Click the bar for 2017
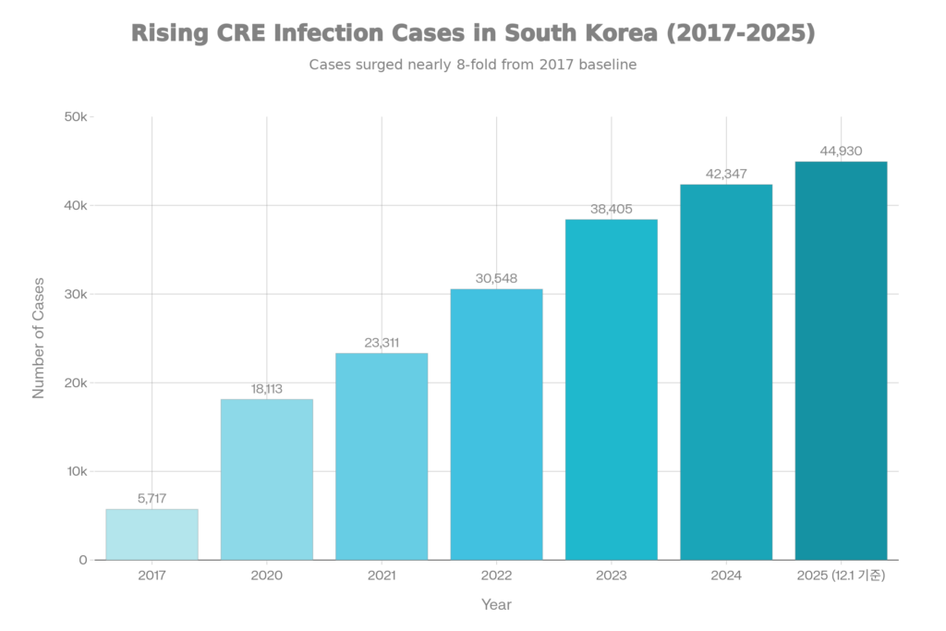coord(152,534)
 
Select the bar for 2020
coord(266,479)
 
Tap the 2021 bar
coord(382,455)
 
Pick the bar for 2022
coord(496,424)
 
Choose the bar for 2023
coord(612,389)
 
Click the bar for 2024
coord(726,371)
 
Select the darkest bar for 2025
coord(841,360)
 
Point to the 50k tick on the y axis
coord(76,117)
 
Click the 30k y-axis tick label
coord(76,295)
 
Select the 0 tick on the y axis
coord(83,560)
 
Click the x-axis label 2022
coord(496,576)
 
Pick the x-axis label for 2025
coord(841,576)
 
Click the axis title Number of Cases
coord(39,338)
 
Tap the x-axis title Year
coord(496,605)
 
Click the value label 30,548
coord(496,278)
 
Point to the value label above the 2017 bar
coord(152,499)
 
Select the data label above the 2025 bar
coord(841,152)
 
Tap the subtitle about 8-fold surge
coord(473,66)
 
